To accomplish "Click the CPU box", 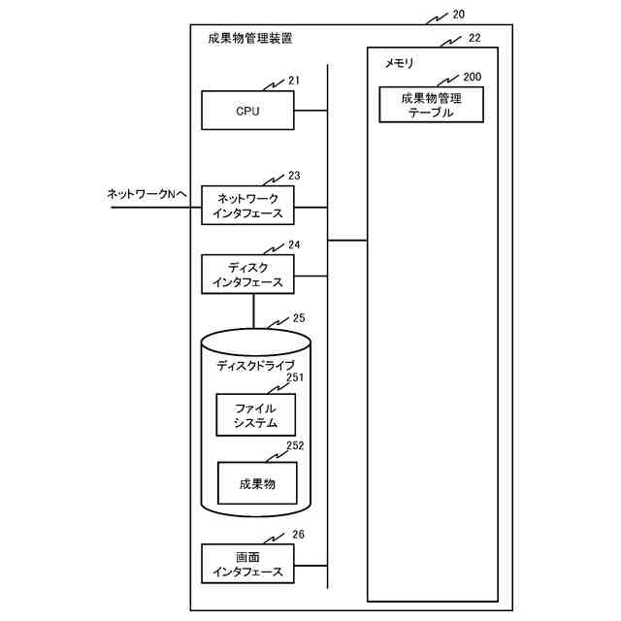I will (247, 111).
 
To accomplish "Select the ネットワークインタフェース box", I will (247, 207).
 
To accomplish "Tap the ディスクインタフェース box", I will (247, 275).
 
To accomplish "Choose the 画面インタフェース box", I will (247, 565).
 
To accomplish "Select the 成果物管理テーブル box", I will (432, 104).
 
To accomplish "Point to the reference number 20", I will (459, 15).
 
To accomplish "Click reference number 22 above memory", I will (474, 38).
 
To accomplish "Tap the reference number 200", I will (473, 76).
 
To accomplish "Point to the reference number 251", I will (295, 378).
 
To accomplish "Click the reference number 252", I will (295, 446).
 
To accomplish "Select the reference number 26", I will (298, 534).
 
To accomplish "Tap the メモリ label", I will (400, 64).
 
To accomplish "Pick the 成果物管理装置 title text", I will (250, 40).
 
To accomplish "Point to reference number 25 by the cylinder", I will (298, 317).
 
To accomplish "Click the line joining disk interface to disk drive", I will (253, 312).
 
